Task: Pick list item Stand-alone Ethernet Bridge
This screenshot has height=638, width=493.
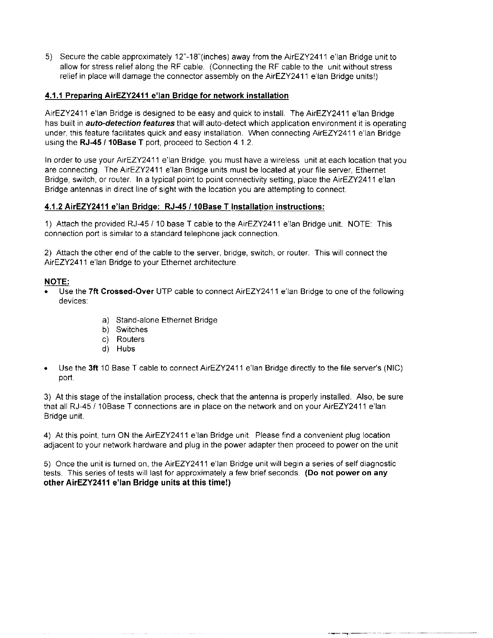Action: pyautogui.click(x=166, y=320)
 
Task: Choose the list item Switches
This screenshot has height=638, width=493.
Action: pyautogui.click(x=132, y=330)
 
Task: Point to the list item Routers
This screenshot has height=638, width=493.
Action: pyautogui.click(x=130, y=340)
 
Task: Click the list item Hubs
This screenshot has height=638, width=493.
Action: pyautogui.click(x=126, y=349)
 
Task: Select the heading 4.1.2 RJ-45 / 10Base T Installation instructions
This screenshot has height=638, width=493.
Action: pyautogui.click(x=184, y=207)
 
